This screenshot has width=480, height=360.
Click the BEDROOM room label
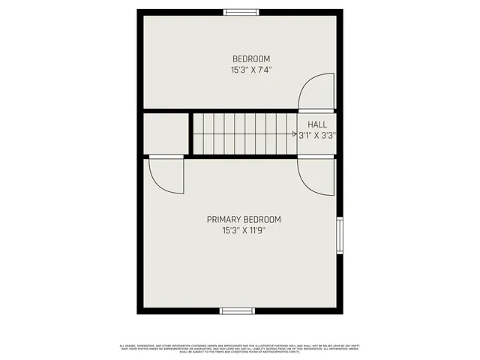[251, 59]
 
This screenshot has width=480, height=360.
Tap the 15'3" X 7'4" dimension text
[251, 70]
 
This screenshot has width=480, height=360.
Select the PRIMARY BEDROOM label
[244, 220]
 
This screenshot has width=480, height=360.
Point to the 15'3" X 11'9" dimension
[244, 231]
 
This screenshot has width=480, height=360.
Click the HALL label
[317, 124]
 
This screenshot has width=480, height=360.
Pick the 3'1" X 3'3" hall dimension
[317, 136]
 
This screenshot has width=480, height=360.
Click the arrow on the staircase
[294, 135]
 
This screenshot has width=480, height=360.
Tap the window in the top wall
[239, 11]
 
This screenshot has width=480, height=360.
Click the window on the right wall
[340, 235]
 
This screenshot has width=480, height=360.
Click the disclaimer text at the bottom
[240, 348]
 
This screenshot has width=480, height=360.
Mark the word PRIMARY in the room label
[223, 220]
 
